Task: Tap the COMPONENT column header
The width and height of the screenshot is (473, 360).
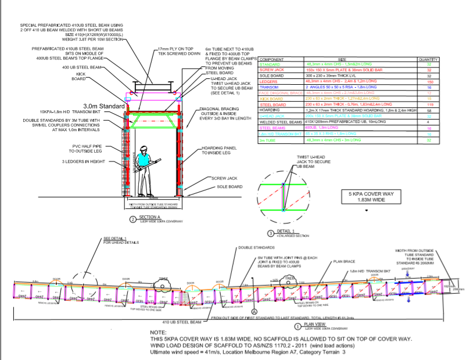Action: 271,59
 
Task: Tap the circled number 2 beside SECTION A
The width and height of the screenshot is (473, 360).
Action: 133,219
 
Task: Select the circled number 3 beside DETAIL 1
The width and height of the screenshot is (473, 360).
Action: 270,233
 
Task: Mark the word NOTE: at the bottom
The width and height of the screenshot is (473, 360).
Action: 159,332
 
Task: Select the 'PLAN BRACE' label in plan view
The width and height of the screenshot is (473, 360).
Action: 345,262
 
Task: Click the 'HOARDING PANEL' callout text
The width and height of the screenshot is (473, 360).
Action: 221,150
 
